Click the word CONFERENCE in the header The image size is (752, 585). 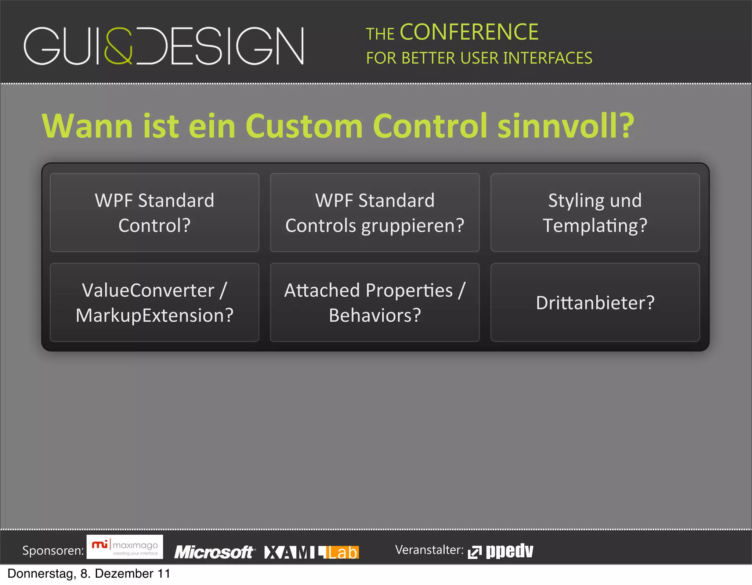[469, 32]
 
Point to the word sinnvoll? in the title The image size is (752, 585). [566, 126]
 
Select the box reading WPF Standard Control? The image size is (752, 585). [155, 213]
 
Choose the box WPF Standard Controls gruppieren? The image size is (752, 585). [375, 213]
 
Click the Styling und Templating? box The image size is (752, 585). [595, 213]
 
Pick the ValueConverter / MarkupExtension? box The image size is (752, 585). [155, 303]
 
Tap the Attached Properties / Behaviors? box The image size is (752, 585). [375, 303]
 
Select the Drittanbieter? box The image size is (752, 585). [595, 303]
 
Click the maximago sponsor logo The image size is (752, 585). [125, 547]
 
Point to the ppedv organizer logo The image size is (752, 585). [501, 551]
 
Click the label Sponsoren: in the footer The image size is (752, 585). [53, 550]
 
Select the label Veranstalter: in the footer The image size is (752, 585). [429, 550]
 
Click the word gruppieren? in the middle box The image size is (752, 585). [413, 226]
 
